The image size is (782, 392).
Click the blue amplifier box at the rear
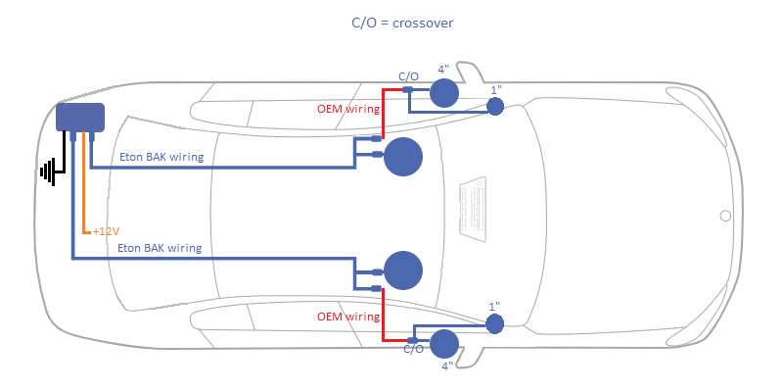coord(80,117)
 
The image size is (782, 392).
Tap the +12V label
coord(105,231)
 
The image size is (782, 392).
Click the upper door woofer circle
coord(402,158)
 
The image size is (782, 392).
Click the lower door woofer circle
coord(402,270)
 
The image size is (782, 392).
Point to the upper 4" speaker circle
coord(443,92)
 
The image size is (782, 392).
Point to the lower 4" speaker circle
coord(443,344)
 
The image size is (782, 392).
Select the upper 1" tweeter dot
coord(495,106)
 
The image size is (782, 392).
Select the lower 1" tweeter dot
coord(495,322)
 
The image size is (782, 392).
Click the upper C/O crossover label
coord(408,75)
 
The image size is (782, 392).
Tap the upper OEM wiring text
coord(347,108)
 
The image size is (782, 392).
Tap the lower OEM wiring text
coord(347,318)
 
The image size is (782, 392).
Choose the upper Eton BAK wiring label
coord(161,157)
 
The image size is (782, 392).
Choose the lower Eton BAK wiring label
coord(159,249)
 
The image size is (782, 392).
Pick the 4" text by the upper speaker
coord(443,70)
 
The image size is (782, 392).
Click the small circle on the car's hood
coord(725,216)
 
